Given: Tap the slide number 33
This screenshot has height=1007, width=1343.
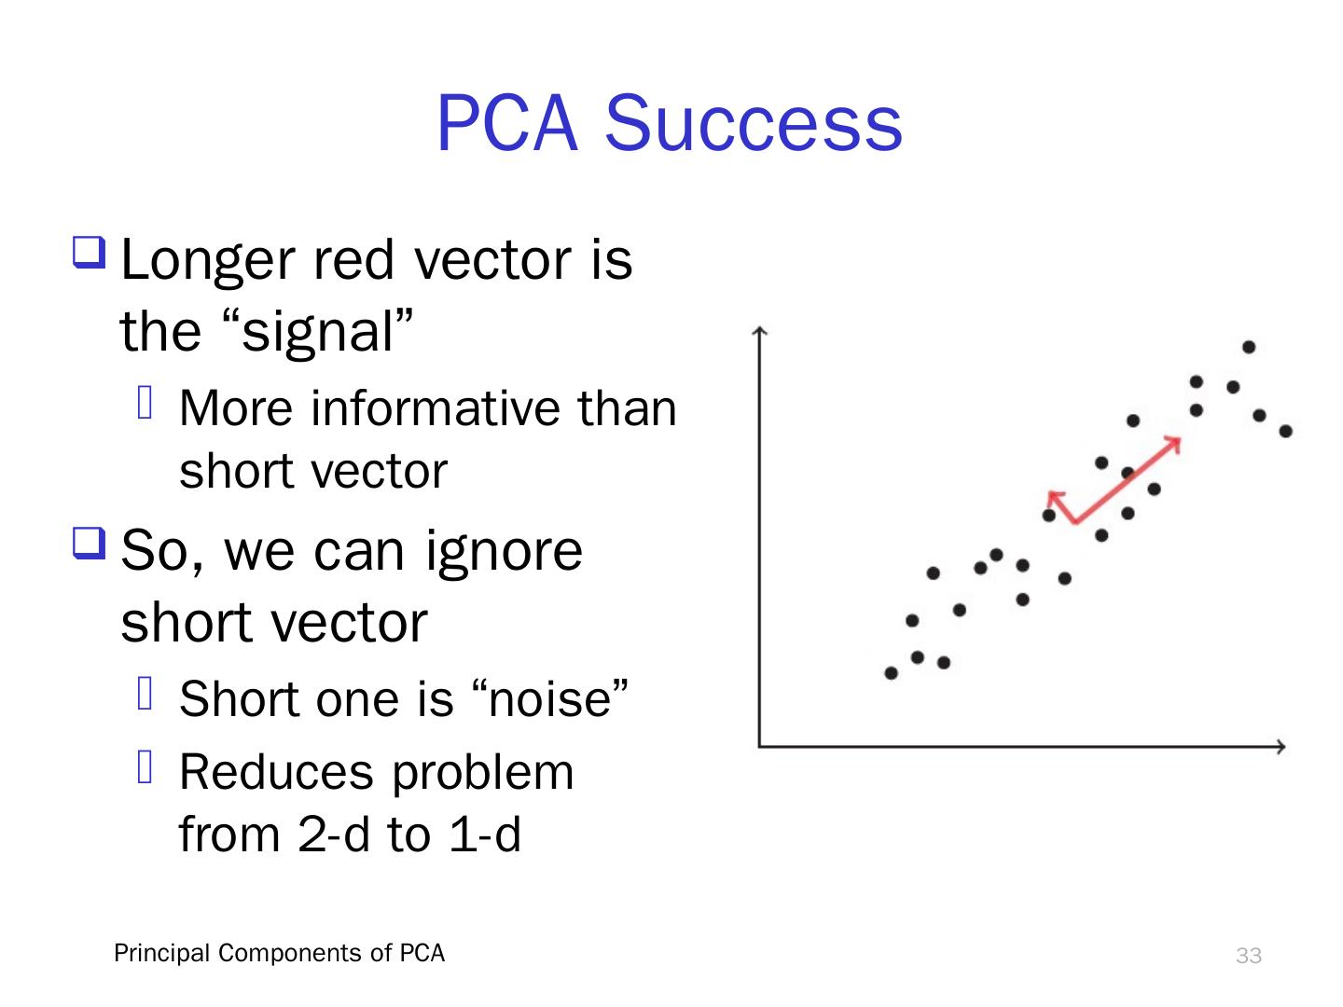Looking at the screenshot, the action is [x=1248, y=955].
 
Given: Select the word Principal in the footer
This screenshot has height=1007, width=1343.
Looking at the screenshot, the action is [x=161, y=953].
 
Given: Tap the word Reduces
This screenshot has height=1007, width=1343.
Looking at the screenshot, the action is [x=276, y=772].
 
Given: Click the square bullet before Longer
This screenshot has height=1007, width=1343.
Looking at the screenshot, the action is [x=89, y=253].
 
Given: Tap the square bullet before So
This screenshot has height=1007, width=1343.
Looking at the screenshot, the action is [x=89, y=543].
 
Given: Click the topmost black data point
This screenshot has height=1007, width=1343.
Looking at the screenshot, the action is [x=1249, y=347].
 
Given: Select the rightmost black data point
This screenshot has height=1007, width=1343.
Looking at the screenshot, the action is [x=1285, y=432].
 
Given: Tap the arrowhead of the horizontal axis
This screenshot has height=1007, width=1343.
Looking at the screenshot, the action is [x=1282, y=747].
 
